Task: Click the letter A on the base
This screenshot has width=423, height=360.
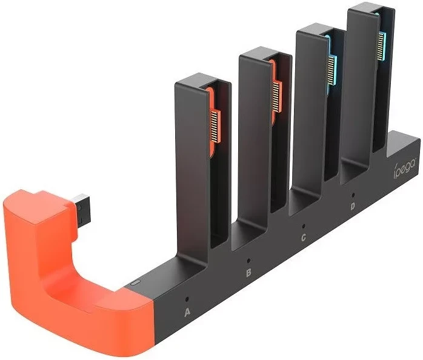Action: point(187,312)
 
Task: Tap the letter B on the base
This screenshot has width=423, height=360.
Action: point(248,273)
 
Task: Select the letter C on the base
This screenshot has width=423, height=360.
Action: point(304,238)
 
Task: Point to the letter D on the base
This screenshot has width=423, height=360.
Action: point(353,207)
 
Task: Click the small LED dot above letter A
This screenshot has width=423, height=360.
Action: point(187,299)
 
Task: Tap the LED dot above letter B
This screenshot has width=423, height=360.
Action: point(248,261)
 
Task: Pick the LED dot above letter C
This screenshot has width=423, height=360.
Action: point(304,226)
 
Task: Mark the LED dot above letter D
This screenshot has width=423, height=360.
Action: point(353,195)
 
